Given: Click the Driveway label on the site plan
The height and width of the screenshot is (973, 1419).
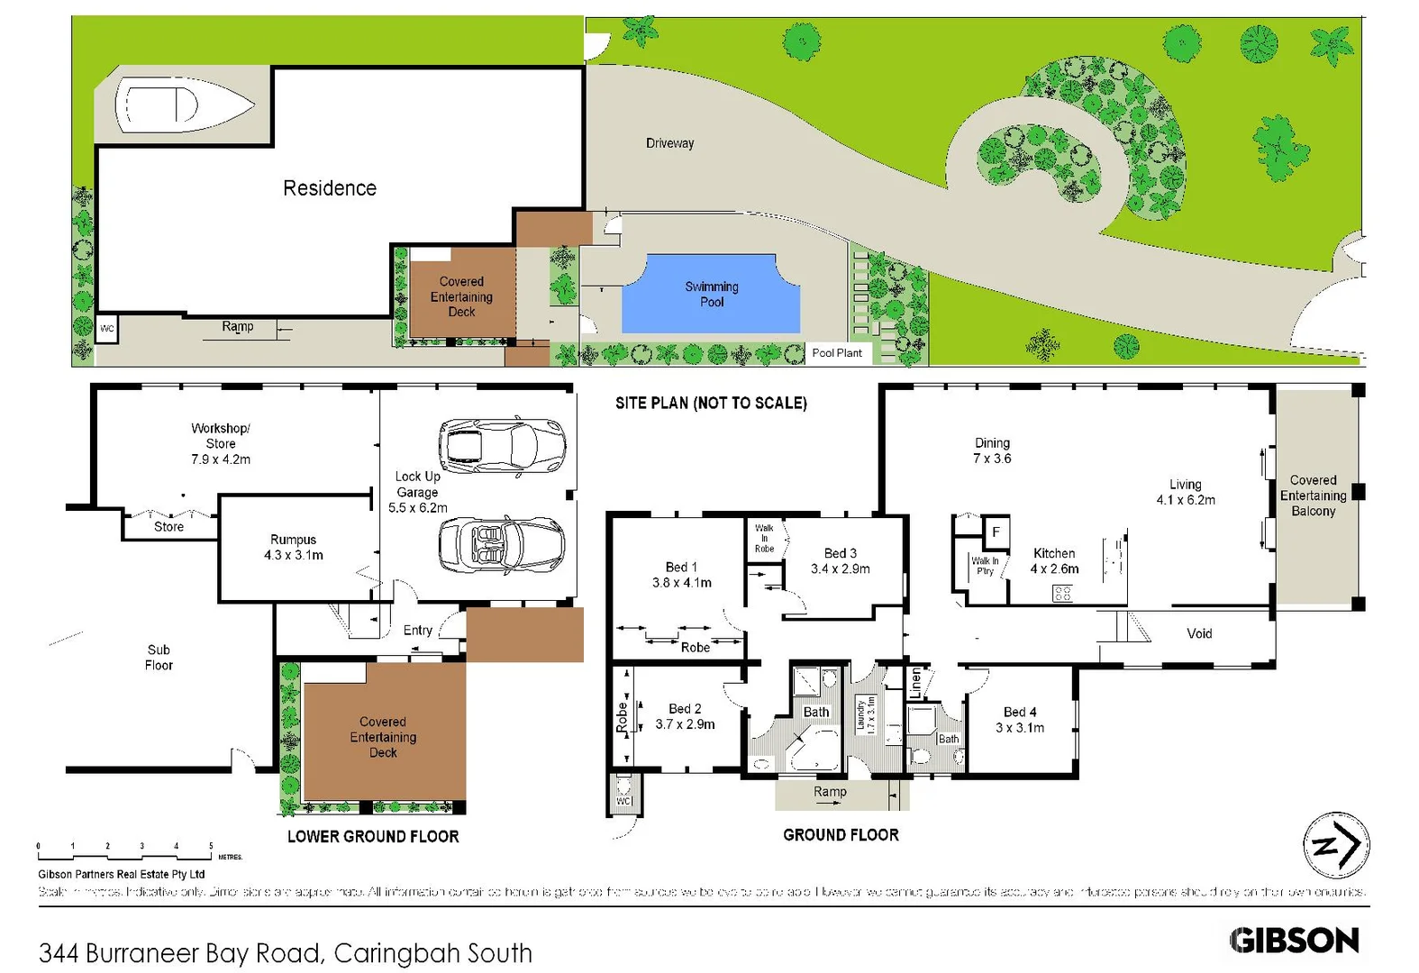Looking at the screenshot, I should point(669,143).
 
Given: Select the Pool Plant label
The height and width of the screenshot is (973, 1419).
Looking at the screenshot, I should point(836,353).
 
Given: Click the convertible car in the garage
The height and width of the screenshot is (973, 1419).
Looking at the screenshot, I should point(501,545).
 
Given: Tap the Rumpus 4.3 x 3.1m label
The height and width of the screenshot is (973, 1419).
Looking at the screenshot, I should point(293,547).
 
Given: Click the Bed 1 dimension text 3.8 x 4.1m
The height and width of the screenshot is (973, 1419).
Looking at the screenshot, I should point(681,583).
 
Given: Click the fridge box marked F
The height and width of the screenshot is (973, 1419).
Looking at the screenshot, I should point(996,532).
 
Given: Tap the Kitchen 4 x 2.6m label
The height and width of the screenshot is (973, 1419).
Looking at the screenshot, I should point(1054,560).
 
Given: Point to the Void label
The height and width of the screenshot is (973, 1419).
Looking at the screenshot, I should point(1199,633).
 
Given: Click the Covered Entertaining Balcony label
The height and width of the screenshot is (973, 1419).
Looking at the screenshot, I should point(1313,496).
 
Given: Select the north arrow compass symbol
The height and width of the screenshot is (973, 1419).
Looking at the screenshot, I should point(1336,845).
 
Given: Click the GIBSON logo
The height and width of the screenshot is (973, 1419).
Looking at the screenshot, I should point(1294,941).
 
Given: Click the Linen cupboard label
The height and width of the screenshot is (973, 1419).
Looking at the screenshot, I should point(915,683).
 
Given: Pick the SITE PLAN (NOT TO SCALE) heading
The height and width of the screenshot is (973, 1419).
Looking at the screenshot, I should point(711,403).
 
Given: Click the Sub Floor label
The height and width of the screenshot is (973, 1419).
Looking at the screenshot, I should point(159,657).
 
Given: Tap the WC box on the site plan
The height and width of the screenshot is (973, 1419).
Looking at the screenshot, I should point(107,329).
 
